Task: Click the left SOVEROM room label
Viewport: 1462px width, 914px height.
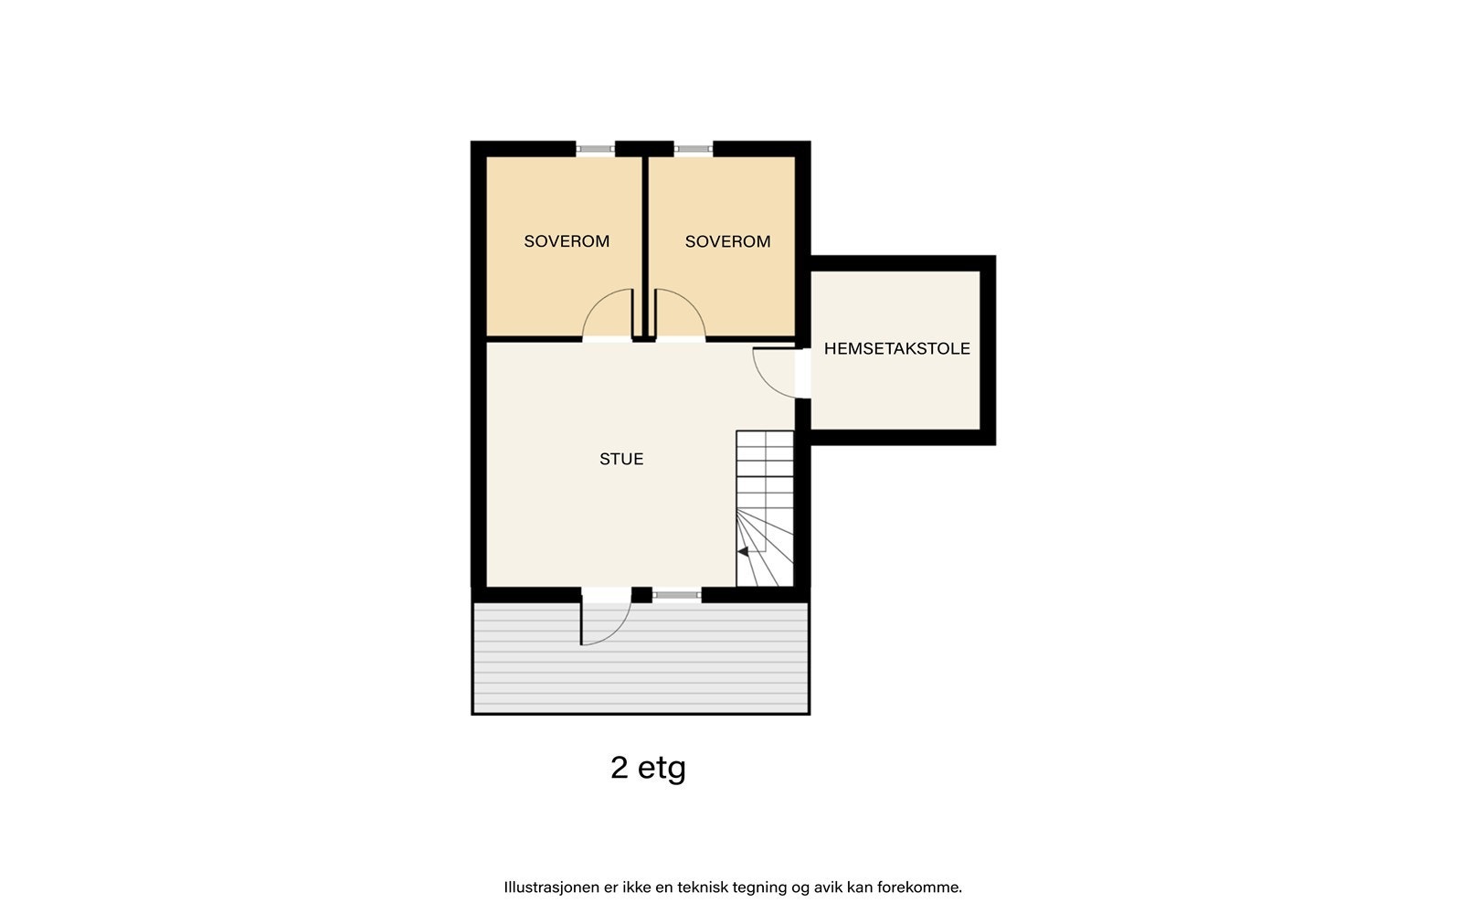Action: coord(567,241)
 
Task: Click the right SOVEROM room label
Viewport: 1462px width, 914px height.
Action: coord(727,241)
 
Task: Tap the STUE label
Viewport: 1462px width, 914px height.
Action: coord(621,459)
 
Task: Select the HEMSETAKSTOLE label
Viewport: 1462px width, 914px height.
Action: coord(896,348)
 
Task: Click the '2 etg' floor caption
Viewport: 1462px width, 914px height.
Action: coord(648,768)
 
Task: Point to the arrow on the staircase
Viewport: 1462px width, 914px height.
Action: coord(743,551)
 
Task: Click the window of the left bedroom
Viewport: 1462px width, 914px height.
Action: coord(595,148)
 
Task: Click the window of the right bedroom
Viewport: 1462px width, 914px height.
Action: coord(694,148)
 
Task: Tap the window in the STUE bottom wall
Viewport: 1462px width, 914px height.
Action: coord(677,595)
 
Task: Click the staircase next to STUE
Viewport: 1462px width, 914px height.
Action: coord(765,508)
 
